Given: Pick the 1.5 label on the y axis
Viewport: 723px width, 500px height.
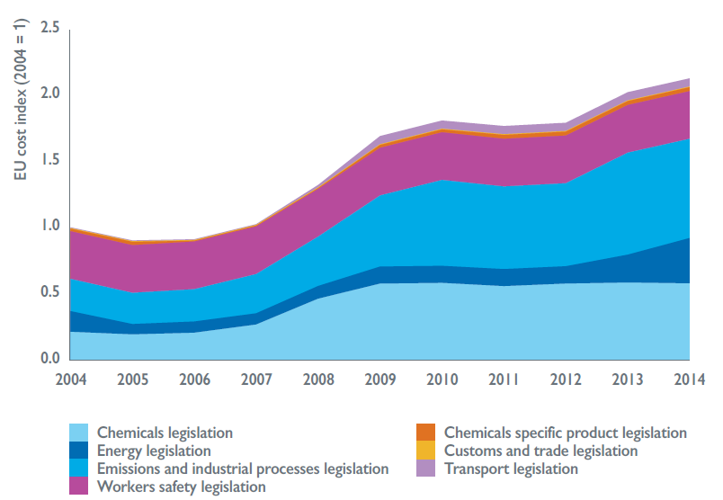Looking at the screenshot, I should (49, 160).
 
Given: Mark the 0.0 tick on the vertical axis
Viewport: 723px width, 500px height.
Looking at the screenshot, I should (49, 359).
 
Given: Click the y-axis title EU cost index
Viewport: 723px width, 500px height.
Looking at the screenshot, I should (20, 106).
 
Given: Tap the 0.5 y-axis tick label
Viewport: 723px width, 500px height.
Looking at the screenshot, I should (49, 292).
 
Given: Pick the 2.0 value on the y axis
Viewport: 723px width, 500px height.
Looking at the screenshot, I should (49, 94).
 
